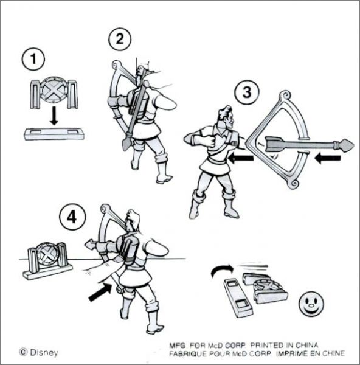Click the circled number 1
(33, 59)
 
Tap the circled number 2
(120, 39)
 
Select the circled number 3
(247, 92)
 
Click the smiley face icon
(311, 304)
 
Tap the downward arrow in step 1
(54, 116)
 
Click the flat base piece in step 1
(54, 134)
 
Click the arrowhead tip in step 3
(353, 145)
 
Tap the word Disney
(44, 352)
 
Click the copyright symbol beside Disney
(23, 352)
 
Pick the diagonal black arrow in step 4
(100, 291)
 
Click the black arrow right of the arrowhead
(327, 158)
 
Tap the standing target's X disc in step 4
(47, 254)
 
